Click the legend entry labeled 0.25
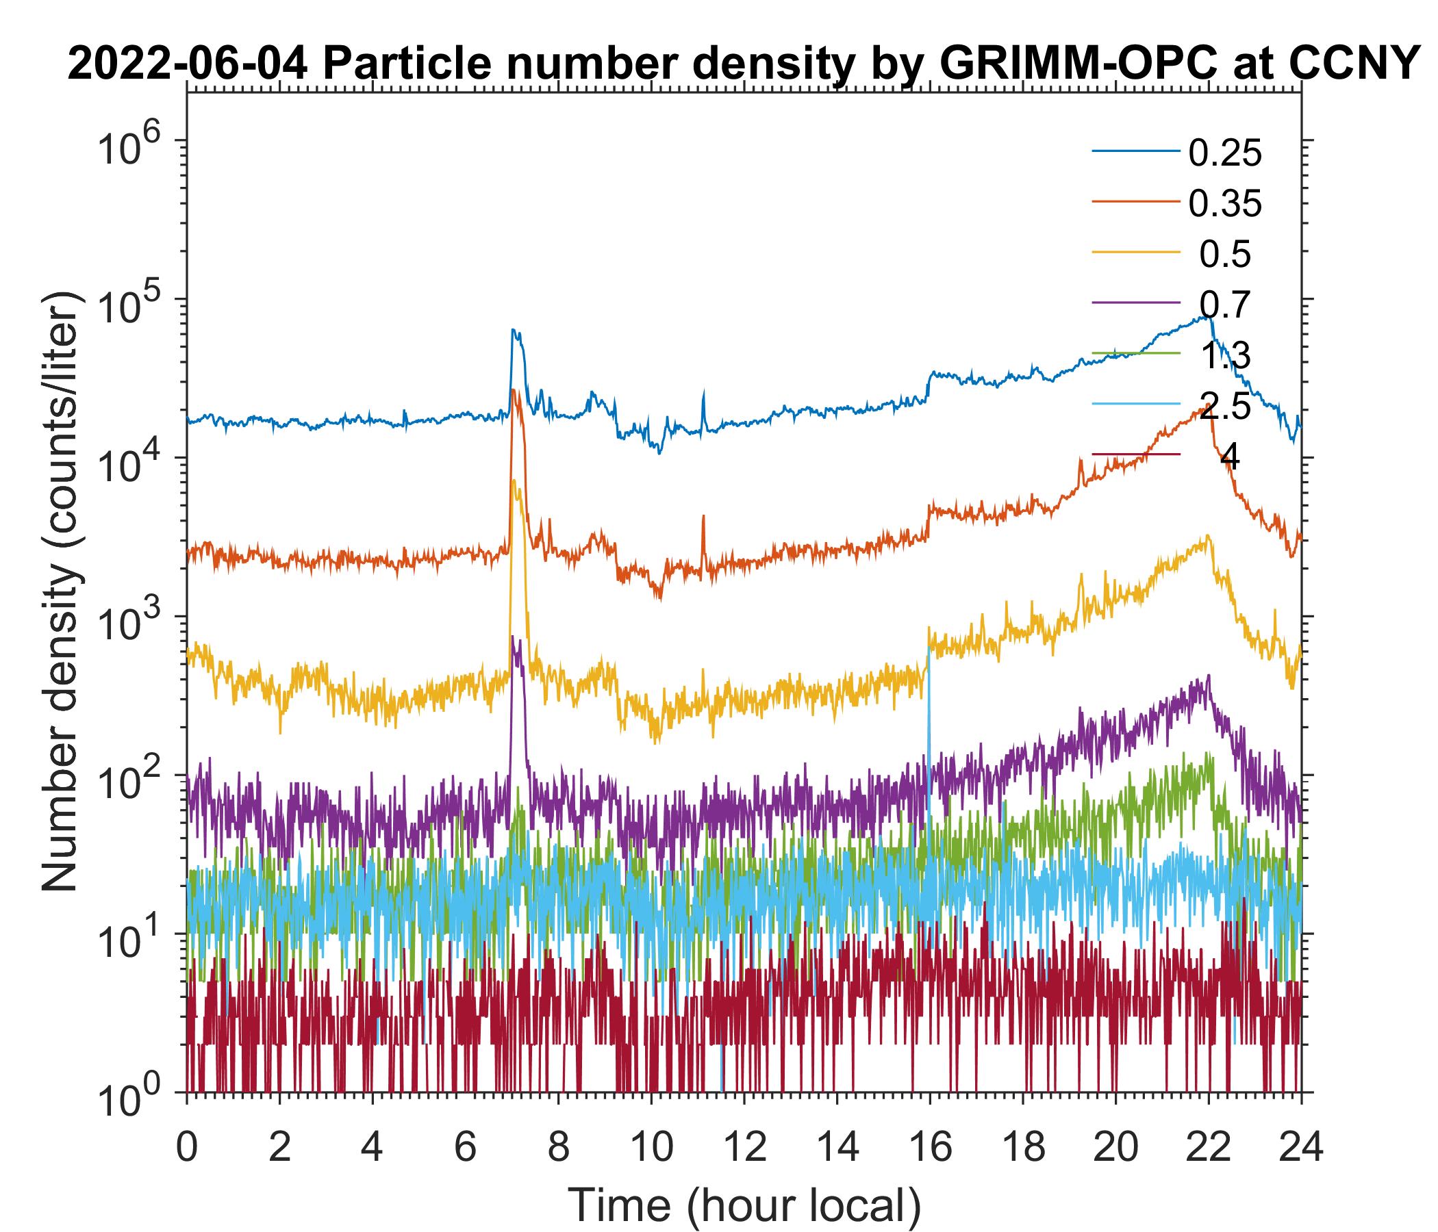click(x=1224, y=154)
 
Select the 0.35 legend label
click(x=1224, y=204)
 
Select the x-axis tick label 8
click(x=558, y=1146)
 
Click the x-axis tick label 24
click(x=1300, y=1146)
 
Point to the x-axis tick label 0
click(x=187, y=1146)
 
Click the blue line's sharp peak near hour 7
click(x=514, y=330)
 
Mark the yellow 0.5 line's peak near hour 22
click(x=1209, y=535)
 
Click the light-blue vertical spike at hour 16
click(x=929, y=728)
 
